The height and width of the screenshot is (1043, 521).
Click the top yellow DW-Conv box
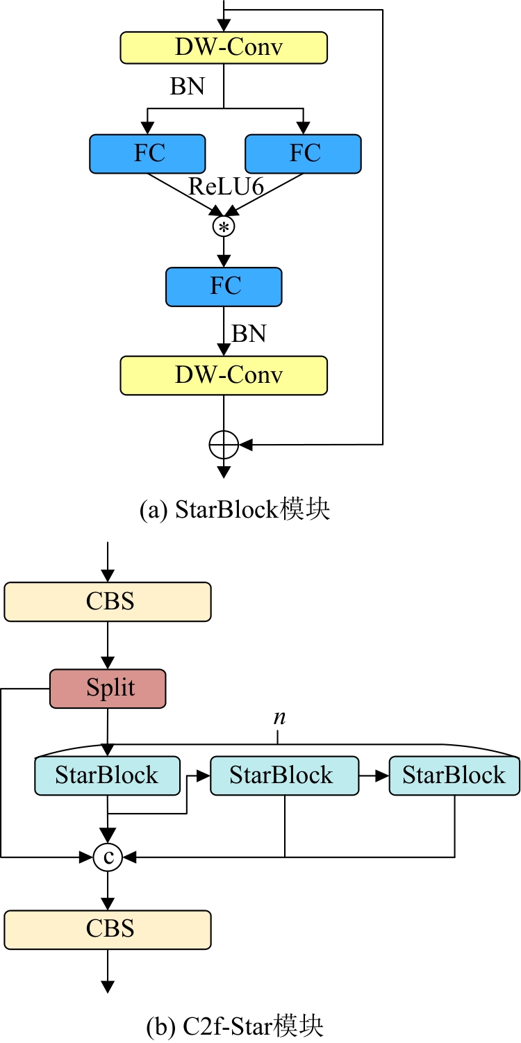point(224,47)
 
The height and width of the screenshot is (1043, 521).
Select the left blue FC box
point(147,154)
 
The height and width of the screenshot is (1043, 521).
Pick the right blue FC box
point(303,154)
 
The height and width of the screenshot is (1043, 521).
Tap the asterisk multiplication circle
point(224,227)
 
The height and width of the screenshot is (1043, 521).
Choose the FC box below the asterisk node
point(224,286)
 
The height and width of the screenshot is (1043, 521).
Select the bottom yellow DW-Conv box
point(224,375)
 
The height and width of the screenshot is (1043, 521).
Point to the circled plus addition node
point(224,443)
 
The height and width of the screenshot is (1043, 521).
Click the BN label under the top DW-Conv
point(188,87)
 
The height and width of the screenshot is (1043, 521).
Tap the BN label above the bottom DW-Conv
point(249,334)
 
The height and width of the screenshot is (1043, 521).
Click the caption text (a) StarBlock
point(235,509)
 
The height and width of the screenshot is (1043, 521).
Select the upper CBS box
point(108,601)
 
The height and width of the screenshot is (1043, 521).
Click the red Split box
point(108,689)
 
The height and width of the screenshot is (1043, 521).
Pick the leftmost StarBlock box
point(107,775)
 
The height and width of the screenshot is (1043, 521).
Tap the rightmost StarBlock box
point(454,775)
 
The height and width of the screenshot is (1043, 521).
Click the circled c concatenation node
point(108,857)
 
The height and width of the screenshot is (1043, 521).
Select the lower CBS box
point(108,929)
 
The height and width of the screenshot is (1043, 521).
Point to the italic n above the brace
point(279,718)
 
